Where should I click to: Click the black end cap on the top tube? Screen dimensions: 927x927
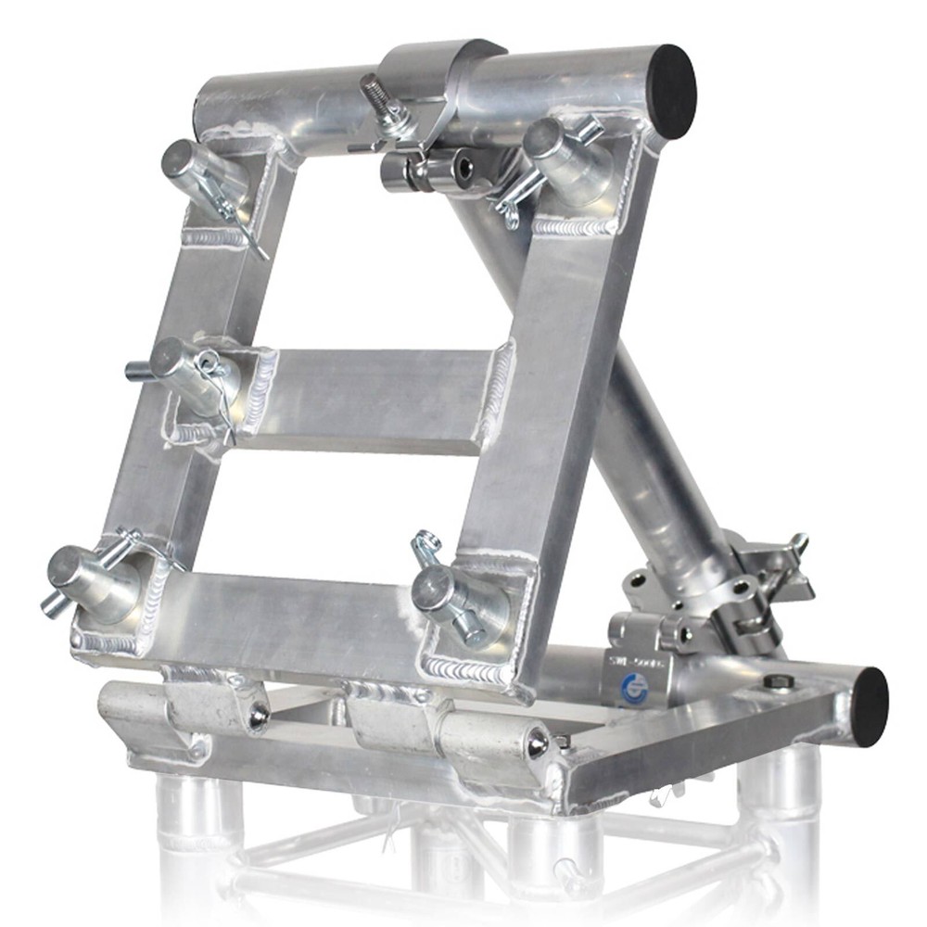[x=671, y=91]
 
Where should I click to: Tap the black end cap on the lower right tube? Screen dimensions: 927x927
[x=870, y=706]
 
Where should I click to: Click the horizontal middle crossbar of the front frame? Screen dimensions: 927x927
[x=371, y=399]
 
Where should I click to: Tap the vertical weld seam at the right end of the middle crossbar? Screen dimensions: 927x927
[x=499, y=389]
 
